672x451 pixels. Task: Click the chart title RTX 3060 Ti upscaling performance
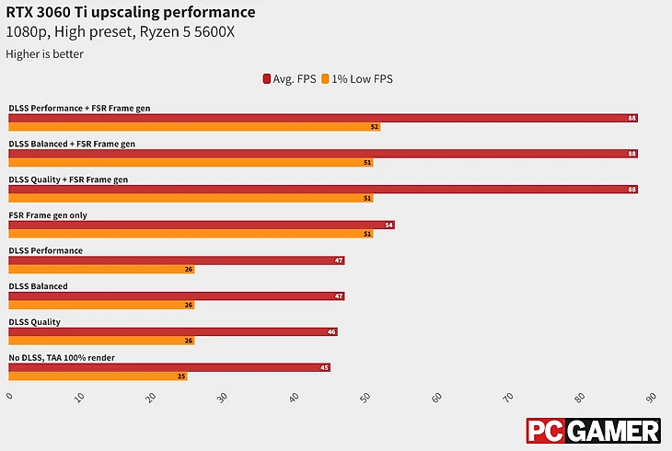[x=131, y=12]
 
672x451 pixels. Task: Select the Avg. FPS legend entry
[x=290, y=79]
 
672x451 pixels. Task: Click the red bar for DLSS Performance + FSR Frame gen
[x=322, y=118]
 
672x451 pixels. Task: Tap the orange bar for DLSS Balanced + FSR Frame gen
[x=191, y=162]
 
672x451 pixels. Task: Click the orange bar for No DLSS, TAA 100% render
[x=98, y=376]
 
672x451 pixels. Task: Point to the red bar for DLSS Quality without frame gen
[x=172, y=332]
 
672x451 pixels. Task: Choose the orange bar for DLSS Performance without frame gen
[x=101, y=270]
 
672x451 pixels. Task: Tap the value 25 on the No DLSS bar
[x=181, y=376]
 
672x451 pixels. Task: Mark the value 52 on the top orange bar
[x=375, y=127]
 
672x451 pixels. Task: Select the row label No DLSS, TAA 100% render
[x=62, y=357]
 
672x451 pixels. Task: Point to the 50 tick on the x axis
[x=365, y=398]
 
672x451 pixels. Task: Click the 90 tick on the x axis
[x=651, y=398]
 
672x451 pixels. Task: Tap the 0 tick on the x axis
[x=9, y=398]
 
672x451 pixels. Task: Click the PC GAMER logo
[x=593, y=431]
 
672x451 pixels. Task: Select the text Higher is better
[x=44, y=54]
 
